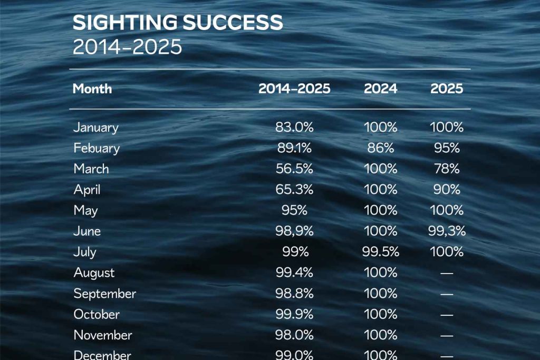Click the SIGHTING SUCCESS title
click(178, 23)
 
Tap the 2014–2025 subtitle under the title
click(127, 47)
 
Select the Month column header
click(92, 89)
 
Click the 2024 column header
click(380, 89)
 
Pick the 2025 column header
click(447, 89)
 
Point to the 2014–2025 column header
click(294, 89)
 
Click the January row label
click(96, 128)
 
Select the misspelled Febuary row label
click(97, 148)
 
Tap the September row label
click(104, 294)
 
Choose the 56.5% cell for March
click(294, 169)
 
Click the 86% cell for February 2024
click(380, 148)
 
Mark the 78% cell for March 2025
click(447, 169)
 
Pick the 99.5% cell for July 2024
click(380, 252)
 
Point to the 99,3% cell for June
click(447, 231)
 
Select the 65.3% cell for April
click(294, 190)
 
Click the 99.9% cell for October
click(294, 314)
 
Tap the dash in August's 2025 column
click(447, 273)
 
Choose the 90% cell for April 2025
click(447, 190)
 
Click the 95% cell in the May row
click(294, 210)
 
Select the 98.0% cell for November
click(294, 335)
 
